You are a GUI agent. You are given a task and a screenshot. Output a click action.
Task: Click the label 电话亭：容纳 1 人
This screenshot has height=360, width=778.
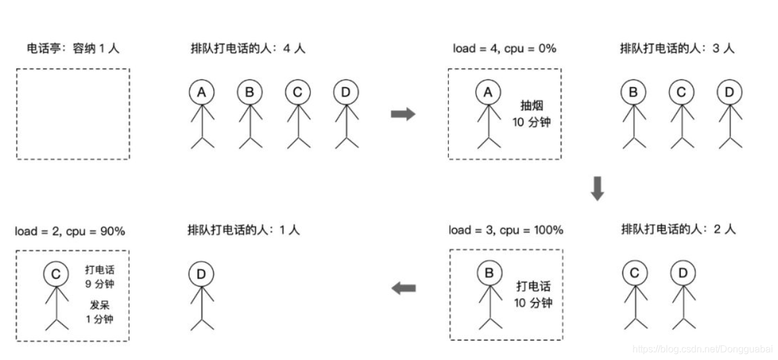click(73, 49)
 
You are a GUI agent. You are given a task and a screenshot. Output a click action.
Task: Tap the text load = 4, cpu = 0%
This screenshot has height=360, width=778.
click(504, 48)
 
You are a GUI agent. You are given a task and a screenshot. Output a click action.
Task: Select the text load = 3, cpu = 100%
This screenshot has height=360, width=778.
click(506, 230)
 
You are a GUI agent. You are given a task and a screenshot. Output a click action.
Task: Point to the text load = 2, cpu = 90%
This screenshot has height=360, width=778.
click(70, 231)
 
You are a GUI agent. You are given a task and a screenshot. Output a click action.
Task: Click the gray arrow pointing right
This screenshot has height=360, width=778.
click(403, 113)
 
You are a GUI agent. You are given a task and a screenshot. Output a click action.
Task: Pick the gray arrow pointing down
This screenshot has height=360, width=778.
click(597, 188)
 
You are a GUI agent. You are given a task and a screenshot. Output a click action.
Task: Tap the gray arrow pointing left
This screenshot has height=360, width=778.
click(403, 289)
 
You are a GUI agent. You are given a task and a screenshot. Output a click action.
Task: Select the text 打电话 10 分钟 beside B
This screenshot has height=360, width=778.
click(533, 294)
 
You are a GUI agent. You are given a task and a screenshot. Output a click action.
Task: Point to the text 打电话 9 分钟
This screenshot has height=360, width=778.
click(100, 277)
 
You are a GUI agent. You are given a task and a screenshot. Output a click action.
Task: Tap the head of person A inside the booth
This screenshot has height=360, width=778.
click(488, 92)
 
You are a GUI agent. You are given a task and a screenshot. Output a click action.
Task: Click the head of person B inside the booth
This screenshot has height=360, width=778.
click(489, 273)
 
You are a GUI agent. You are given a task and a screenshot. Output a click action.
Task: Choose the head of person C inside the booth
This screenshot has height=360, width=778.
click(56, 275)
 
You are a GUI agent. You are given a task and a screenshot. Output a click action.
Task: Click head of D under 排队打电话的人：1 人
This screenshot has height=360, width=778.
click(201, 275)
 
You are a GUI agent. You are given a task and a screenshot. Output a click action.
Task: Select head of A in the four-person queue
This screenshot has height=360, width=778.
click(202, 92)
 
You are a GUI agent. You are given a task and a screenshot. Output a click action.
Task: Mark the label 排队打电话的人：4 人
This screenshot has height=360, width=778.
click(248, 49)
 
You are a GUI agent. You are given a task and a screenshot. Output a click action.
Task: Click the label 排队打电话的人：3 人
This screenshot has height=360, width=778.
click(677, 49)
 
